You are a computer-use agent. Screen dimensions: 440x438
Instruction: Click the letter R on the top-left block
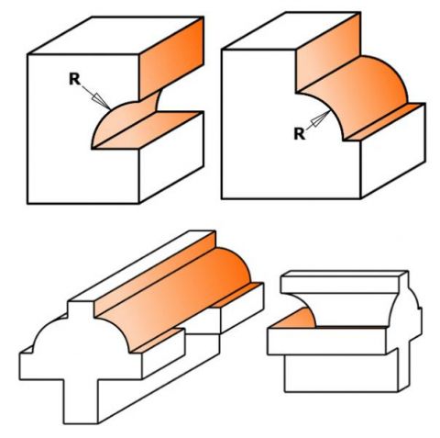[x=74, y=79]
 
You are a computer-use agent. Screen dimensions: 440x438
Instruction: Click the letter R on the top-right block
[x=299, y=134]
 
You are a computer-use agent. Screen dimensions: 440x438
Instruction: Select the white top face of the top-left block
[x=116, y=36]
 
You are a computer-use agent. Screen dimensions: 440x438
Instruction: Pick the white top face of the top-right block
[x=291, y=30]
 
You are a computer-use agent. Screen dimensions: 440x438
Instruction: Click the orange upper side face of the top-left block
[x=171, y=58]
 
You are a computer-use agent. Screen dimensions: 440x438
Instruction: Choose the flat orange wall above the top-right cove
[x=327, y=52]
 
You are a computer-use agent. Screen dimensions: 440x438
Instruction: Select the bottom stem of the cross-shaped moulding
[x=81, y=401]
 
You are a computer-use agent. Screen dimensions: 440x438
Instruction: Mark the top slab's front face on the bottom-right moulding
[x=339, y=285]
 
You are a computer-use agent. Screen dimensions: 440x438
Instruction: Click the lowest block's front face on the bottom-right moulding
[x=341, y=373]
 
